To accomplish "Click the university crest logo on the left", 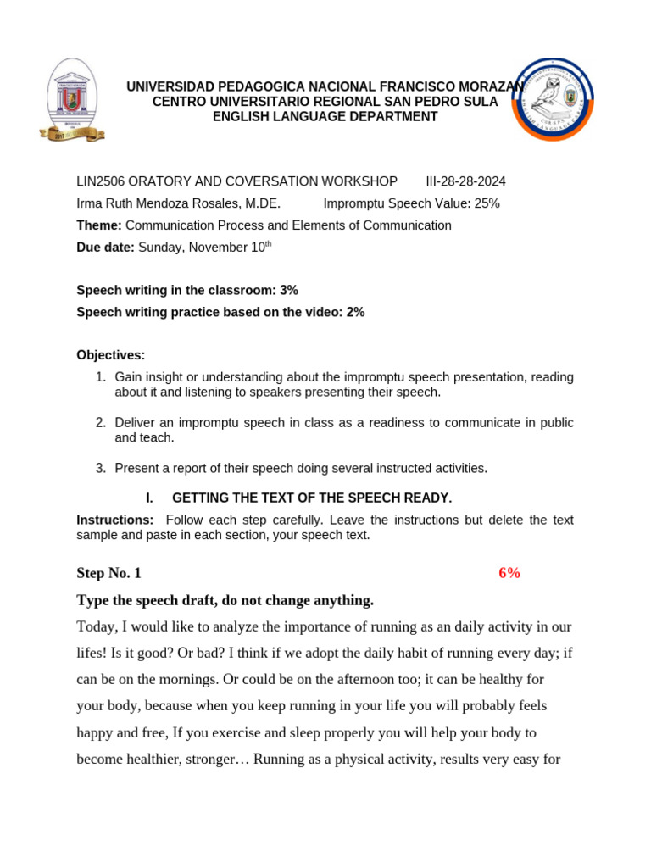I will coord(72,100).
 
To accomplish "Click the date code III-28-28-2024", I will coord(465,181).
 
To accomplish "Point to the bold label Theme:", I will coord(99,225).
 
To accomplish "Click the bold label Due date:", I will coord(105,248).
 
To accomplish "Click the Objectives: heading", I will coord(111,354).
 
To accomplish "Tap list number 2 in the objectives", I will coord(100,422).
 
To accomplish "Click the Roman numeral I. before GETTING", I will coord(148,498).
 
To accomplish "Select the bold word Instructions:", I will coord(115,520).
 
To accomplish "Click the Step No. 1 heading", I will coord(108,573).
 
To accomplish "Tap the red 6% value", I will coord(509,573).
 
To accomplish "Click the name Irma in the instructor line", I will coord(91,203).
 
